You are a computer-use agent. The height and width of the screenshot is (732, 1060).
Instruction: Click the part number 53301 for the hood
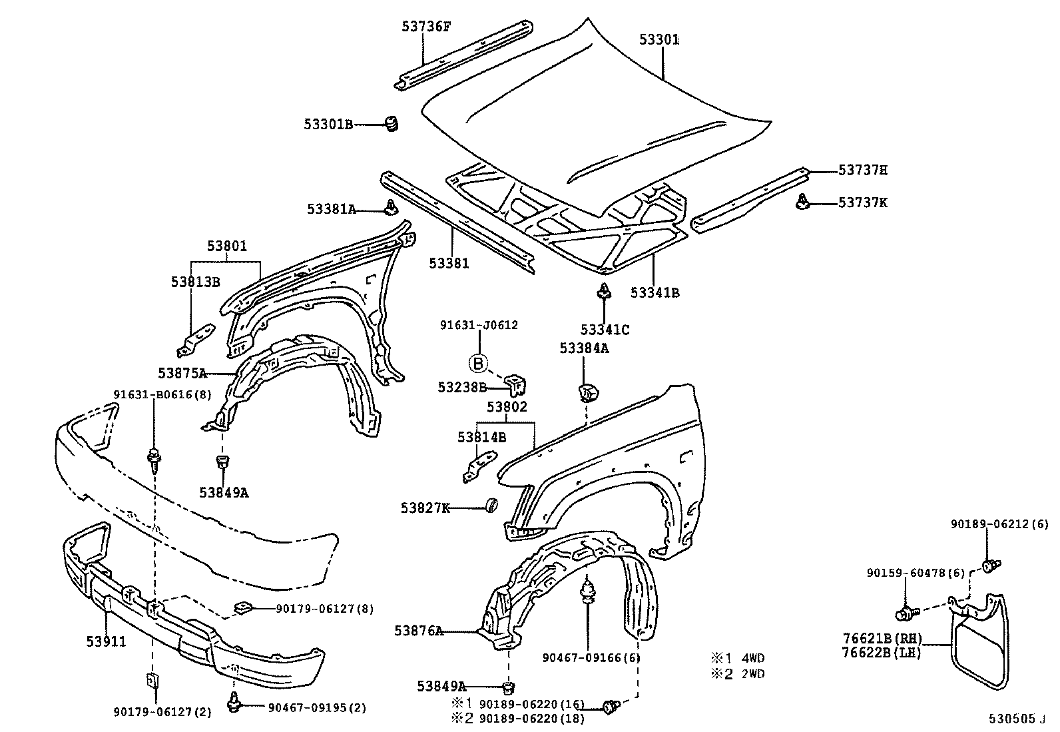coord(659,40)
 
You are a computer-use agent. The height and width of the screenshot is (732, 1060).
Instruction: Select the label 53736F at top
coord(426,26)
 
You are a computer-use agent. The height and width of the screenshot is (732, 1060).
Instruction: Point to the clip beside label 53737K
coord(803,202)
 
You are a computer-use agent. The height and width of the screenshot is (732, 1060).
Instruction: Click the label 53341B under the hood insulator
coord(655,292)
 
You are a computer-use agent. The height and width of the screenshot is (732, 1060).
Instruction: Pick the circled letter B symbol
coord(478,363)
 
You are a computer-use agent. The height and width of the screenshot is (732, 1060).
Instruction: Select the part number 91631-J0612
coord(479,326)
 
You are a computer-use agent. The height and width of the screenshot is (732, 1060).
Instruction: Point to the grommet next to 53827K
coord(492,507)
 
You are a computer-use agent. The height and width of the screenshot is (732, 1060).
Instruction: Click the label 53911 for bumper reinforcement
coord(106,641)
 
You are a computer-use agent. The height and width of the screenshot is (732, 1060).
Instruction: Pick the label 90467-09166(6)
coord(581,658)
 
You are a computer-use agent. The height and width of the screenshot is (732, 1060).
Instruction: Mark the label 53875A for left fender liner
coord(182,372)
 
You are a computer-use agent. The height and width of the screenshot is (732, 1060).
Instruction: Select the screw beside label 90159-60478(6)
coord(906,611)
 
